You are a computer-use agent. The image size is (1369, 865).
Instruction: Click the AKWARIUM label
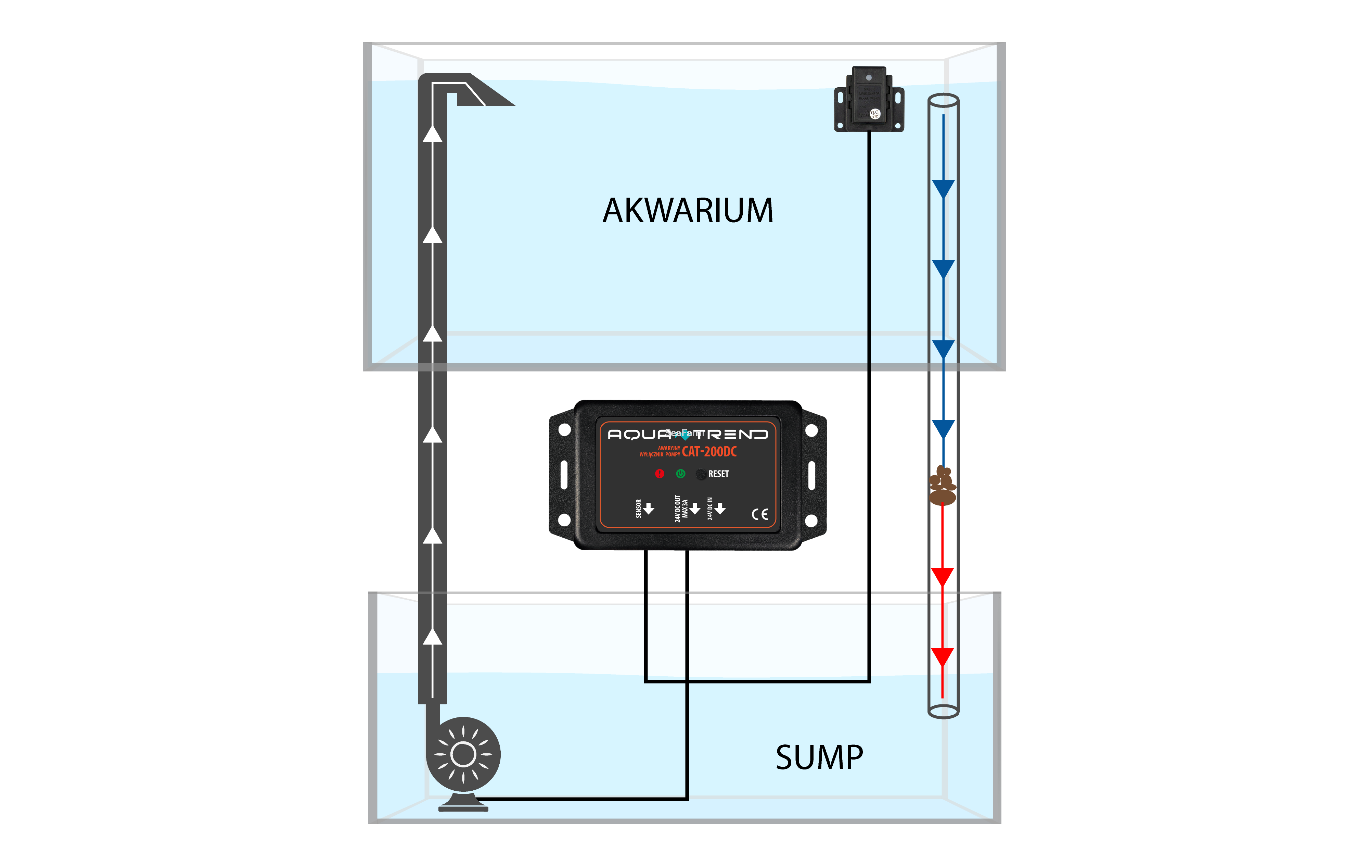pos(688,210)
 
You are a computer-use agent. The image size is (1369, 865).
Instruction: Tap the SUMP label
pos(819,757)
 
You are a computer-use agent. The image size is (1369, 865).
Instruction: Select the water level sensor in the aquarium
pos(869,100)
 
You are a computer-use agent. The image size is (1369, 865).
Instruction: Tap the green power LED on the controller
pos(680,474)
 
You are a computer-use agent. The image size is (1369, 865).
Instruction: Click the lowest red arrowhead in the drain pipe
pos(942,657)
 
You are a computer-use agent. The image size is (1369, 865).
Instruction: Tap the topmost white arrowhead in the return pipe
pos(433,134)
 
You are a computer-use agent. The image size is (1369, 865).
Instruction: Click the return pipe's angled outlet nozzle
pos(483,94)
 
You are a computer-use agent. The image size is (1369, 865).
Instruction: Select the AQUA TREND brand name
pos(688,435)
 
